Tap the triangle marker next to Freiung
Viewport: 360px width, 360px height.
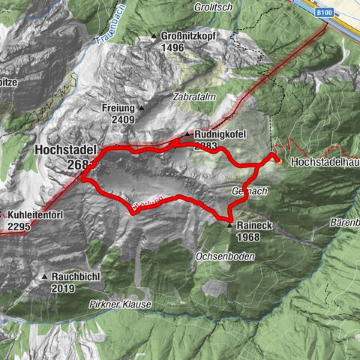tap(140, 108)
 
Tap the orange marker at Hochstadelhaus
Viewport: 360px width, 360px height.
tap(277, 159)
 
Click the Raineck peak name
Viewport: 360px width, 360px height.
tap(253, 225)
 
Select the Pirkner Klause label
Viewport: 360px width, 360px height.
tap(120, 304)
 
